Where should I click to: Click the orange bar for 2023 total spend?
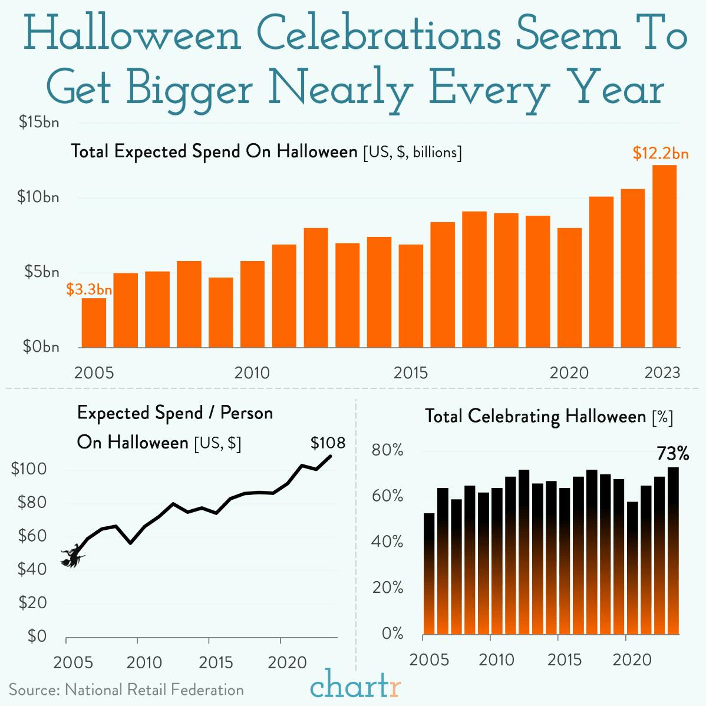pyautogui.click(x=664, y=256)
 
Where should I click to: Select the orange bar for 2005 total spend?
pyautogui.click(x=94, y=323)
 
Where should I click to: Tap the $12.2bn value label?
pyautogui.click(x=661, y=153)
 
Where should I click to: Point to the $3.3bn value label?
pyautogui.click(x=89, y=289)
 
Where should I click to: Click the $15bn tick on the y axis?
pyautogui.click(x=38, y=123)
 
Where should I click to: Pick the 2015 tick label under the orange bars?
pyautogui.click(x=411, y=373)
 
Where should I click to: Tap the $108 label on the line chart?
pyautogui.click(x=328, y=443)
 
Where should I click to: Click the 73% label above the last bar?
pyautogui.click(x=672, y=454)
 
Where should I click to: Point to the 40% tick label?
pyautogui.click(x=388, y=542)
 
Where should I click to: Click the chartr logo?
pyautogui.click(x=356, y=687)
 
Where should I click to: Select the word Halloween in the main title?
pyautogui.click(x=134, y=36)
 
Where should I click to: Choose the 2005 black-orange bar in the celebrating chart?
pyautogui.click(x=429, y=574)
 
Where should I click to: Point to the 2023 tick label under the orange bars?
pyautogui.click(x=662, y=373)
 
